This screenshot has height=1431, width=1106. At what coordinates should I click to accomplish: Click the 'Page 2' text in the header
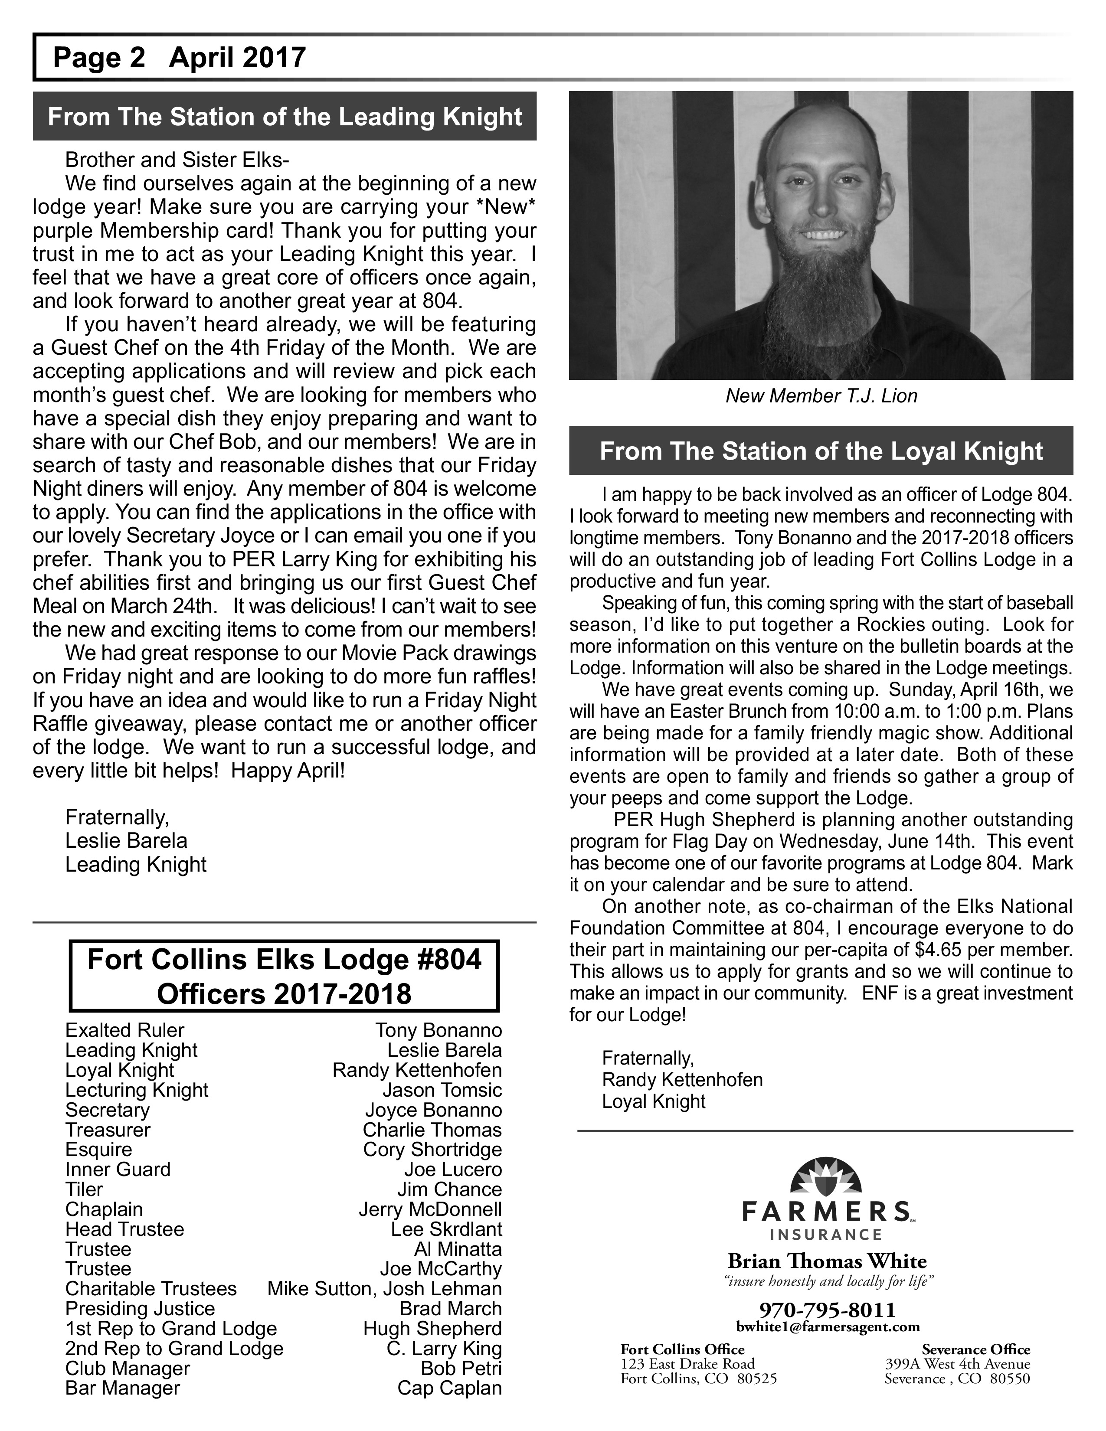point(98,58)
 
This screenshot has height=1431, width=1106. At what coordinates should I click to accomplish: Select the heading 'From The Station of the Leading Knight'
point(285,117)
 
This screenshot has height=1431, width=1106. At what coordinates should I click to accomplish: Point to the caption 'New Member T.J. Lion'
point(821,396)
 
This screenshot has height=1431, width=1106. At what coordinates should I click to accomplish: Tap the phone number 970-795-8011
point(827,1310)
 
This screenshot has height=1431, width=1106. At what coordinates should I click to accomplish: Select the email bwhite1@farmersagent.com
point(828,1327)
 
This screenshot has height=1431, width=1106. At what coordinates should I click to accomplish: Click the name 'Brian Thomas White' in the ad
point(827,1261)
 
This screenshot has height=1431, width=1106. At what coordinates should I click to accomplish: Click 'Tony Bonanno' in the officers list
point(438,1031)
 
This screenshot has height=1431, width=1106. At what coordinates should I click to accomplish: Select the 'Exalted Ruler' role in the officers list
point(124,1031)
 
